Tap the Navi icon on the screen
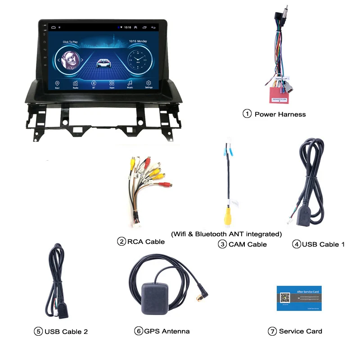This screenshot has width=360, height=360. point(58,84)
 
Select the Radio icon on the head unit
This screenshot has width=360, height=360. point(76,84)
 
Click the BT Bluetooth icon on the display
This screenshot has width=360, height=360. point(94,84)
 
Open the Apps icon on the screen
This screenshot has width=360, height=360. point(112,84)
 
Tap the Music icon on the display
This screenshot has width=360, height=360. point(130,84)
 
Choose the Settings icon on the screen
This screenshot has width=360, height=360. point(148,84)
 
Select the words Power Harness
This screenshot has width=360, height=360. point(280,114)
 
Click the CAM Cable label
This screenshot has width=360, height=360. point(247,244)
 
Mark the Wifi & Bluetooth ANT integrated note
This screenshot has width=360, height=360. point(226,234)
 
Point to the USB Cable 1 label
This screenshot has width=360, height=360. point(323,244)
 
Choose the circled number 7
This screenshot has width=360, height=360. point(272,331)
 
